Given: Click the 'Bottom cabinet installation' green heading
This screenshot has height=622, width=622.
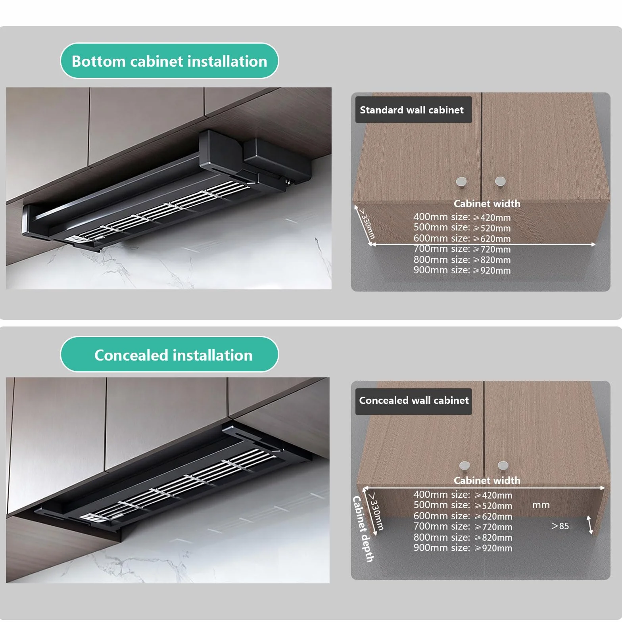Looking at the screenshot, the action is tap(169, 61).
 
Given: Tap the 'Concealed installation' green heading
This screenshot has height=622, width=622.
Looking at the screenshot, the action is tap(169, 355).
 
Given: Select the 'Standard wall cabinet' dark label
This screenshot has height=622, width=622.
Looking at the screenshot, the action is tap(413, 110).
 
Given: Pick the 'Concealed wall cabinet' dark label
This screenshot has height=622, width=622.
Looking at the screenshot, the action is tap(413, 401).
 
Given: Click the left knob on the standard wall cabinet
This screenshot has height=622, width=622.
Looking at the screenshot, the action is tap(461, 182).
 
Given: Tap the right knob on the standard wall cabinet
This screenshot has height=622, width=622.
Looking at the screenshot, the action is tap(500, 181).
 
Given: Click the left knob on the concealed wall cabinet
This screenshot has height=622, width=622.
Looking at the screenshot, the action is tap(465, 466).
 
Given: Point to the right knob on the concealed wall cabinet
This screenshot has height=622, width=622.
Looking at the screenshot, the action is tap(503, 465).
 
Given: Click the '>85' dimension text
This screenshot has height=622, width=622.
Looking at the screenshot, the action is tap(560, 526).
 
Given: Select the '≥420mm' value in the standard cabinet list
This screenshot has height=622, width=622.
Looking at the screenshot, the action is tap(492, 217).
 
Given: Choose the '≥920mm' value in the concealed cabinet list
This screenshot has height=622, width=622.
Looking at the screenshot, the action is tap(493, 548).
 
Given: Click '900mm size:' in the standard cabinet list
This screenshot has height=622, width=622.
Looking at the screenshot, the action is tap(442, 270).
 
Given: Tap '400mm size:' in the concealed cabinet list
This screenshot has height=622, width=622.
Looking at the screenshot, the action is tap(442, 495).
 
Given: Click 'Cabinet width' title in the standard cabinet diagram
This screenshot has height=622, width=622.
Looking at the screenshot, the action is tap(487, 203).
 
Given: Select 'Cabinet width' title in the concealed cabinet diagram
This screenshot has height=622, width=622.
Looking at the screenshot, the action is tap(487, 480).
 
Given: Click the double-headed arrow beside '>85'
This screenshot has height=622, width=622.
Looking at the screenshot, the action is tap(590, 525).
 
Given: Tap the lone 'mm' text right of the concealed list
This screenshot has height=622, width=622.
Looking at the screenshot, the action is tap(541, 505).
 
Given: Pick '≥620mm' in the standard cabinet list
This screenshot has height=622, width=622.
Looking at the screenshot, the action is tap(492, 239).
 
